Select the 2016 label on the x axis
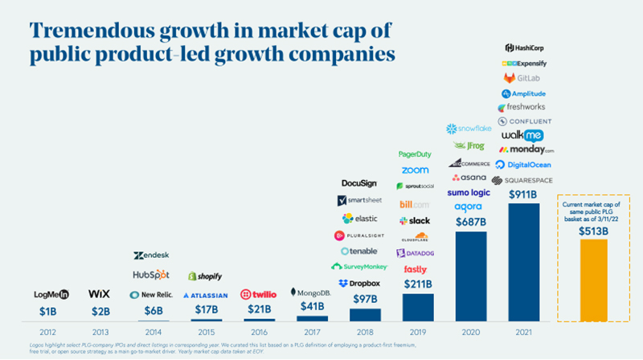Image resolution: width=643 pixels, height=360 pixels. [x=258, y=330]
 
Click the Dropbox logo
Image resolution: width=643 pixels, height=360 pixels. [x=359, y=283]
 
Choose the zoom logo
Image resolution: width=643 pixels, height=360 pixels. [x=415, y=170]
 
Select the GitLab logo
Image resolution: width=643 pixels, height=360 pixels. [x=522, y=78]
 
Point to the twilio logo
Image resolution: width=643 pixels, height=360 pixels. [x=258, y=295]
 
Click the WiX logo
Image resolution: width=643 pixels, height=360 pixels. [x=99, y=294]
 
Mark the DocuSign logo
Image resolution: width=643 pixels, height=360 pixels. [x=360, y=183]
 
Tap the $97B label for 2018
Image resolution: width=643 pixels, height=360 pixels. [x=365, y=299]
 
